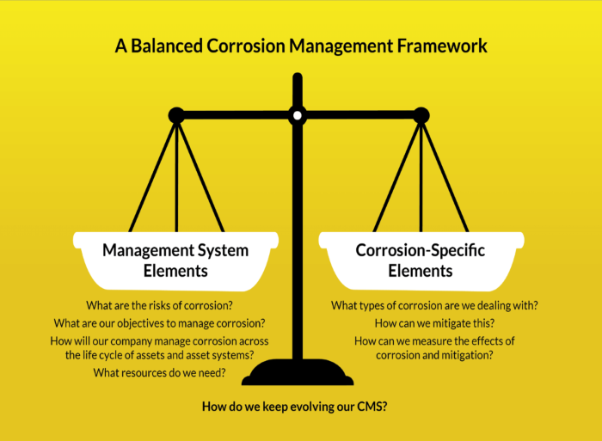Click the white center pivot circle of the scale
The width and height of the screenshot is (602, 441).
298,114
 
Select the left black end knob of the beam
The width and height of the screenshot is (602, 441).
176,114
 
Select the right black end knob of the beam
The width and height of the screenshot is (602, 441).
421,114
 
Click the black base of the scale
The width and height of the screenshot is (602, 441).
298,374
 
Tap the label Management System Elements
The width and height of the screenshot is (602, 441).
175,260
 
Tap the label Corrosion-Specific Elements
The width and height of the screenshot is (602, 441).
421,260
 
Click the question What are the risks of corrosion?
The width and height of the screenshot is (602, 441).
161,305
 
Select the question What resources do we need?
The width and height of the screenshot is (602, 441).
161,372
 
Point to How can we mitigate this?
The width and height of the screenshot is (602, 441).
434,323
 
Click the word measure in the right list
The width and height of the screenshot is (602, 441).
436,340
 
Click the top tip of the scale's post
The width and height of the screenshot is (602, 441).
298,77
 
